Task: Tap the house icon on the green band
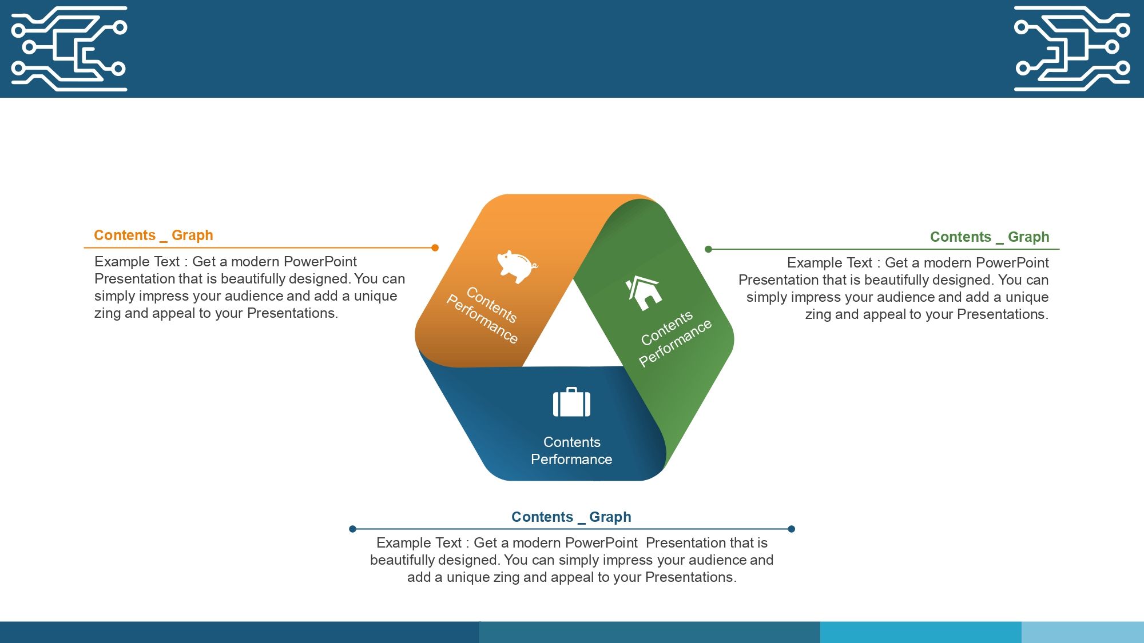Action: click(x=645, y=293)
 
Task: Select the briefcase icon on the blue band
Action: click(x=571, y=402)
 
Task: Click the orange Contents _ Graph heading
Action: click(x=153, y=235)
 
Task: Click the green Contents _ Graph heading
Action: click(x=990, y=237)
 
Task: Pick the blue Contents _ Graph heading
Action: click(x=571, y=517)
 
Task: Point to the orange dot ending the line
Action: click(x=435, y=248)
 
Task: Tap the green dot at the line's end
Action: click(x=708, y=249)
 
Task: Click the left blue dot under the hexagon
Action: click(x=352, y=529)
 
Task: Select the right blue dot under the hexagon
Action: click(x=792, y=529)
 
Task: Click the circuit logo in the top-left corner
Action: click(x=69, y=49)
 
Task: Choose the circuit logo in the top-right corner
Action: click(x=1072, y=49)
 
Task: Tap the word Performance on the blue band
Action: click(x=571, y=460)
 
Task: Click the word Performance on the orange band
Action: click(x=482, y=319)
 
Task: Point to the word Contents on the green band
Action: click(x=667, y=329)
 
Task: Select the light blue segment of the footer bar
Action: click(x=1083, y=632)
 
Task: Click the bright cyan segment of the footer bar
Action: click(x=921, y=632)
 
